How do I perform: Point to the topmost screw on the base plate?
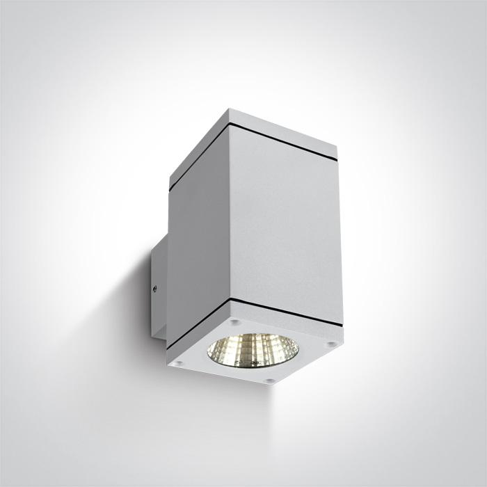pyautogui.click(x=235, y=323)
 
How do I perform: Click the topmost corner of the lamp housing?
pyautogui.click(x=229, y=109)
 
